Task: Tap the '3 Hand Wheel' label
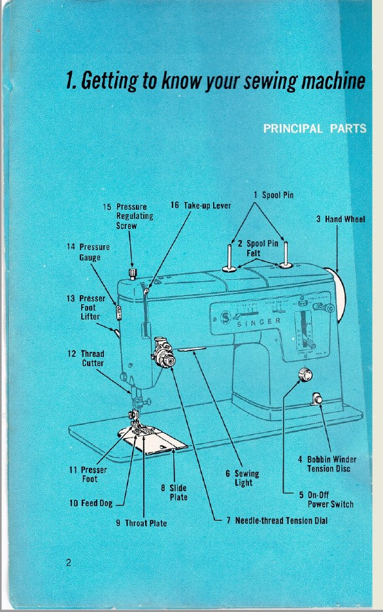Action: click(x=340, y=219)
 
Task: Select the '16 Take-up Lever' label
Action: click(x=201, y=205)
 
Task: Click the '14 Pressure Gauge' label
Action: click(x=88, y=252)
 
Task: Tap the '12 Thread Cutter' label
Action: click(x=86, y=358)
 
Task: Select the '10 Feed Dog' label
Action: click(x=91, y=503)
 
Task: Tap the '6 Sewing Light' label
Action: click(x=246, y=478)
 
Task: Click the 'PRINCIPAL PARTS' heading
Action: click(x=314, y=129)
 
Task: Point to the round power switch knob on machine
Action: click(x=304, y=375)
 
